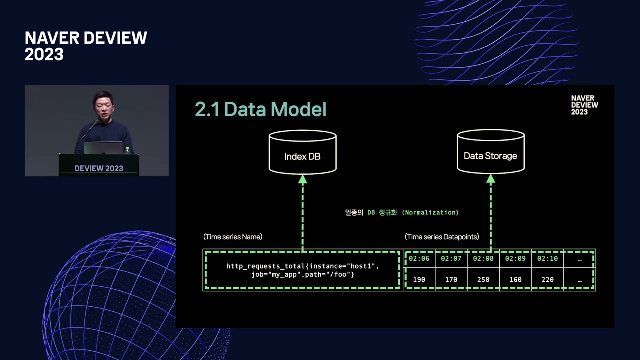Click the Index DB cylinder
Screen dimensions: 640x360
coord(303,152)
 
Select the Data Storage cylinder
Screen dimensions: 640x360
coord(491,151)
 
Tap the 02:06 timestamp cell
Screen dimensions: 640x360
coord(419,259)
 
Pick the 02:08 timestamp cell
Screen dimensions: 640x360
coord(483,259)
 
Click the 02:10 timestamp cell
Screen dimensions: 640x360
coord(547,259)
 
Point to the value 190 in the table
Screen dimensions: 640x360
coord(419,279)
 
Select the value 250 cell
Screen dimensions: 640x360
coord(483,279)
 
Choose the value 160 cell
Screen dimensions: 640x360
coord(515,279)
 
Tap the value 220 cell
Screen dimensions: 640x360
coord(547,279)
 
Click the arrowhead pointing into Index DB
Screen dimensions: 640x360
coord(303,179)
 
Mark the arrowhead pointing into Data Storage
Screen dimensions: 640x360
coord(491,179)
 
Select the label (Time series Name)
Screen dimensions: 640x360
coord(233,237)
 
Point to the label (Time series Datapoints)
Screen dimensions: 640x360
coord(442,237)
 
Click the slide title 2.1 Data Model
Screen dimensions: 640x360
coord(261,109)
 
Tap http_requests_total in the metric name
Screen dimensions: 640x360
coord(265,266)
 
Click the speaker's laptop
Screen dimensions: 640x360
coord(103,148)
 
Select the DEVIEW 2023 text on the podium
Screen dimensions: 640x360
coord(99,168)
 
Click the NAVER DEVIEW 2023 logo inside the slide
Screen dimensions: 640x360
coord(584,105)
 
